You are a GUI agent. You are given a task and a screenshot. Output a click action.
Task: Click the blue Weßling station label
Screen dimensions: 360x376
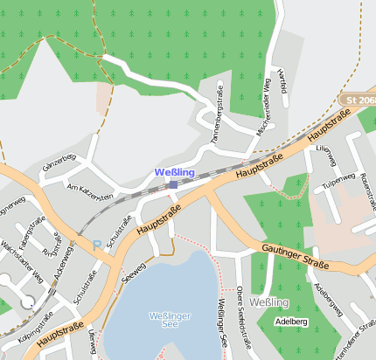(174, 172)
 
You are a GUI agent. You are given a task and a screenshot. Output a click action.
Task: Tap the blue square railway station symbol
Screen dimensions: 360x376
(173, 184)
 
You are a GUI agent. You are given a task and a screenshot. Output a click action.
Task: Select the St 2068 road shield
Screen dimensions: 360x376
(359, 101)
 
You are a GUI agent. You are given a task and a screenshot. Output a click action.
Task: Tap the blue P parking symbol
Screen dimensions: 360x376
(97, 246)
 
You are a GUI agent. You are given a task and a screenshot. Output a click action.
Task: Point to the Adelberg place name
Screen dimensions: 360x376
(291, 321)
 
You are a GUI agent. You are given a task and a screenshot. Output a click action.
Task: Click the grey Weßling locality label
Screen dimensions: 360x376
(265, 302)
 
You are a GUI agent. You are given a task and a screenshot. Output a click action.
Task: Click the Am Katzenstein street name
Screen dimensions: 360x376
(90, 192)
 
